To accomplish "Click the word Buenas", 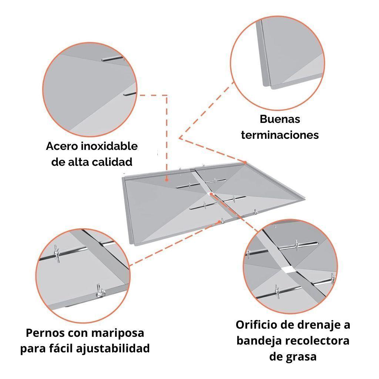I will [280, 120].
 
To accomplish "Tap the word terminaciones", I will [280, 135].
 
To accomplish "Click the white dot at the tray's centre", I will [211, 194].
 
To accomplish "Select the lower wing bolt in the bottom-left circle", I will [99, 291].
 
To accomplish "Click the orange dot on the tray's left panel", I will [167, 179].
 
